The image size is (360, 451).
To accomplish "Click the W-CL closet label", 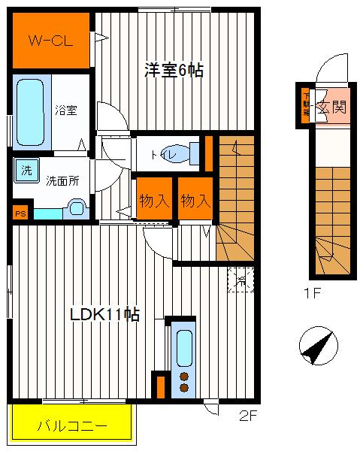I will [51, 41].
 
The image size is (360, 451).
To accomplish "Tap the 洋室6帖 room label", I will [174, 70].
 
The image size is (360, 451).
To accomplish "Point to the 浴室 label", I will [65, 110].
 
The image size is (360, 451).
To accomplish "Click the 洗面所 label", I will [62, 181].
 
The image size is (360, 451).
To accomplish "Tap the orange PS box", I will [20, 213].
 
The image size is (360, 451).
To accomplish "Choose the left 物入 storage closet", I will [153, 201].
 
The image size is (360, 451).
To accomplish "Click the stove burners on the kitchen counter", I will [183, 381].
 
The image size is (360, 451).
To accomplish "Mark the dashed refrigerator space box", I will [241, 280].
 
